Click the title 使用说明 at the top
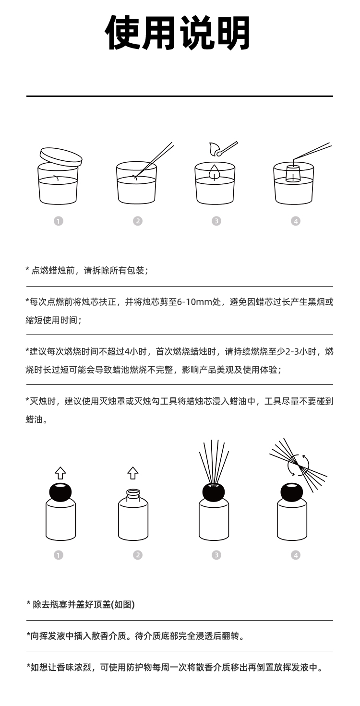[x=178, y=33]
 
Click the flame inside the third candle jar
[x=215, y=172]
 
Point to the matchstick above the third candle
[x=227, y=148]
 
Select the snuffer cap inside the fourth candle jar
[x=293, y=174]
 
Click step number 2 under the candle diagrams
[x=137, y=221]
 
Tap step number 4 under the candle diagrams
[x=295, y=221]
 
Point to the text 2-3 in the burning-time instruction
[x=292, y=351]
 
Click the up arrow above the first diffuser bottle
[x=60, y=473]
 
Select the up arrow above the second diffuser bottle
[x=132, y=473]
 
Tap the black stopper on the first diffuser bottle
[x=60, y=491]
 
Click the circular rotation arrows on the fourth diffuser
[x=299, y=465]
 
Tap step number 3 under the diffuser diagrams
[x=216, y=555]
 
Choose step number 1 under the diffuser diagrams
[x=58, y=555]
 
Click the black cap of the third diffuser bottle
[x=214, y=491]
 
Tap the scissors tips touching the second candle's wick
[x=136, y=177]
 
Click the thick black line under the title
[x=180, y=96]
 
